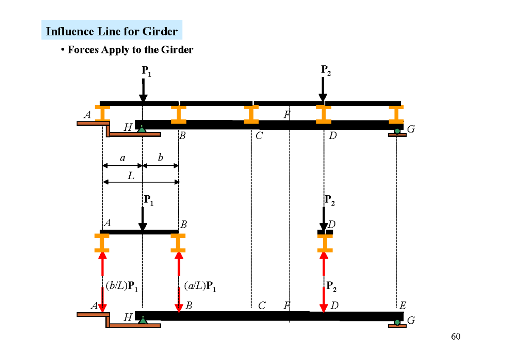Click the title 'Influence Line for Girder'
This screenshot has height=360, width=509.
tap(112, 31)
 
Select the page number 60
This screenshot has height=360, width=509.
tap(456, 337)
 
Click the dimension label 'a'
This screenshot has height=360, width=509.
tap(123, 158)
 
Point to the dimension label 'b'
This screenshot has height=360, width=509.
tap(160, 158)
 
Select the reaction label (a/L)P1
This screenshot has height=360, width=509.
tap(200, 288)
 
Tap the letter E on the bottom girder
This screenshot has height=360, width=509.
tap(403, 305)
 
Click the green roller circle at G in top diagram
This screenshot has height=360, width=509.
tap(397, 131)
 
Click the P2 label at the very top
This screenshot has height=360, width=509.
tap(326, 71)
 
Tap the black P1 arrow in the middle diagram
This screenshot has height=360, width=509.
tap(143, 219)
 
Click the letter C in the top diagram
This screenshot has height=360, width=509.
tap(258, 136)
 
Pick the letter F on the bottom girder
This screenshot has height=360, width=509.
tap(288, 305)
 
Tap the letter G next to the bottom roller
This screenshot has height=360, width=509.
tap(410, 321)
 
